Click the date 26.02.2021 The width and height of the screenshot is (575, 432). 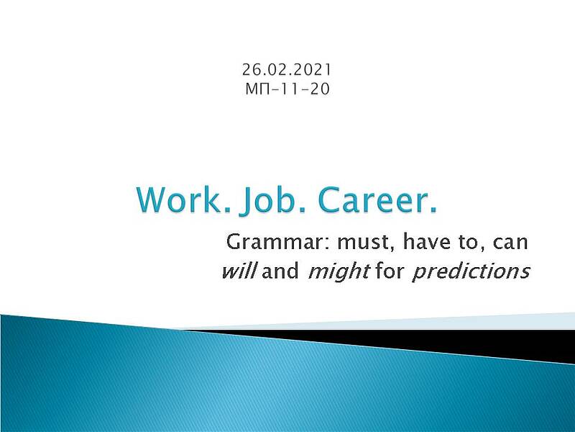point(287,70)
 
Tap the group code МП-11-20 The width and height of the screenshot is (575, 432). point(287,89)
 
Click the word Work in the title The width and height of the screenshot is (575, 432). point(183,200)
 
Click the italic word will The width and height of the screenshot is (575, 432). point(240,271)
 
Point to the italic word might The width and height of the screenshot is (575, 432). point(339,272)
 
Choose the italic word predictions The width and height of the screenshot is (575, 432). point(471,272)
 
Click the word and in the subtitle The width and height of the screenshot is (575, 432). point(280,271)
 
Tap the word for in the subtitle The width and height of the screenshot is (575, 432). point(390,271)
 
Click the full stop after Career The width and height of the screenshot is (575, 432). point(433,210)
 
